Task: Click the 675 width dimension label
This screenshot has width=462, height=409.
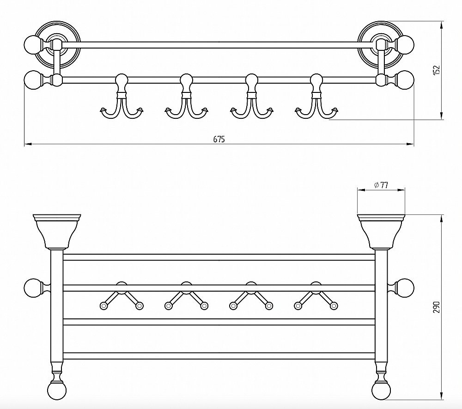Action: click(x=219, y=139)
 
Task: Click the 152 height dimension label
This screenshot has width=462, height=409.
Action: click(x=437, y=70)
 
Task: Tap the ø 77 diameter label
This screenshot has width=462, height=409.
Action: click(x=381, y=185)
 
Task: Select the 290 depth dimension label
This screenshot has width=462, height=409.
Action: click(x=437, y=307)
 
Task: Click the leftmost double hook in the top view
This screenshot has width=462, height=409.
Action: click(x=122, y=97)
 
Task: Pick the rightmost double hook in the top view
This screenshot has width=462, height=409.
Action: click(x=317, y=97)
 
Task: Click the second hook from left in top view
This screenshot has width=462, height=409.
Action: click(x=187, y=97)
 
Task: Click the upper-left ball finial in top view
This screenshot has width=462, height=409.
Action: click(x=33, y=45)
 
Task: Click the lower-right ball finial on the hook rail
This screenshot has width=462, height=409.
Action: click(x=405, y=79)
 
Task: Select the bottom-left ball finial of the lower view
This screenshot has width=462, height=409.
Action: click(x=57, y=390)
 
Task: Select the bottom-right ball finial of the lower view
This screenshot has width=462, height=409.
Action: click(x=381, y=390)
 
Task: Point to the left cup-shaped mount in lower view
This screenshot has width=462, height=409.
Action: click(x=57, y=232)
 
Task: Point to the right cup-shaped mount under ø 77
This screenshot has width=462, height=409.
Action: click(x=381, y=232)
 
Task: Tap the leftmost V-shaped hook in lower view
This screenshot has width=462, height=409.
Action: click(x=122, y=296)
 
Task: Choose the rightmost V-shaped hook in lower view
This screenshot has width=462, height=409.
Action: click(x=316, y=296)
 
